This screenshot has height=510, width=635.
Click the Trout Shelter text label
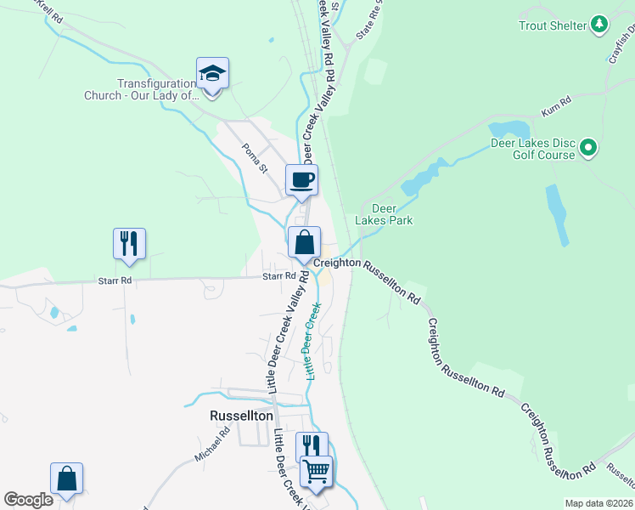[x=553, y=25]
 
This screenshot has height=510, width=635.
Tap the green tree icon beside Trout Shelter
[x=600, y=24]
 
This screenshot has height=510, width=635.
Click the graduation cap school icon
[x=212, y=73]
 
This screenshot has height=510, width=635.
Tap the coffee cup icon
[x=301, y=179]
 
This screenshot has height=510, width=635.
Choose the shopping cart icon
[x=316, y=470]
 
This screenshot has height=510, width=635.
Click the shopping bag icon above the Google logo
[x=66, y=479]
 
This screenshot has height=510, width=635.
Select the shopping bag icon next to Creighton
[x=304, y=242]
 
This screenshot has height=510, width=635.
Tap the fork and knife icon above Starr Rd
[x=129, y=243]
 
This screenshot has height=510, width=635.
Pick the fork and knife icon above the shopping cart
[x=311, y=445]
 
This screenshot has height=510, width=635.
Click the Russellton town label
[x=241, y=416]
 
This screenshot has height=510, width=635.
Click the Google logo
[x=28, y=500]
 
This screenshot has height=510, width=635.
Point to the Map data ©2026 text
[x=598, y=503]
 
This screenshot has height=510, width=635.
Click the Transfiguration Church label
[x=141, y=89]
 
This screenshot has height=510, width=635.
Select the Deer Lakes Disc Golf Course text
[x=533, y=149]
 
